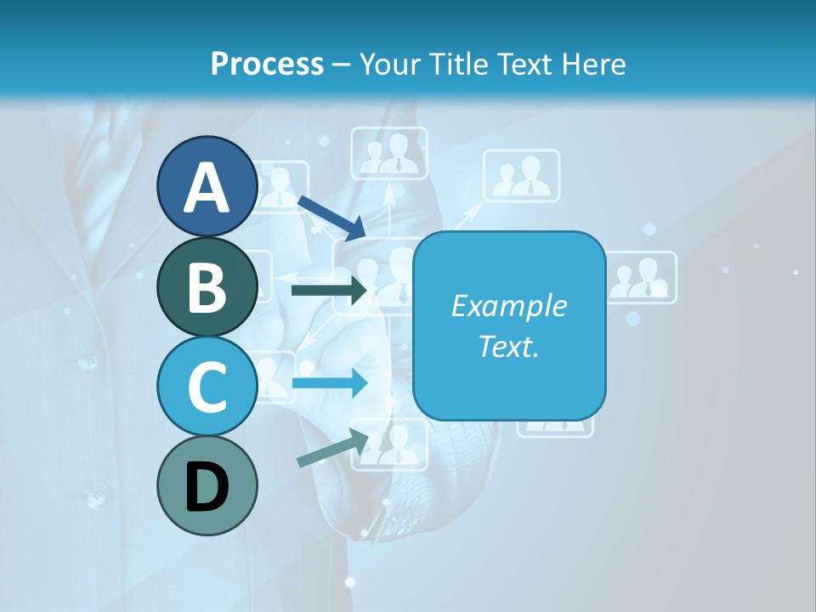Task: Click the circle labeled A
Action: click(x=207, y=186)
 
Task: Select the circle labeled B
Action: click(x=207, y=286)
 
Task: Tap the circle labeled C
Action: click(x=207, y=386)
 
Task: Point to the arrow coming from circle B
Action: click(x=330, y=291)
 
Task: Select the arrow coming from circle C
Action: click(x=330, y=382)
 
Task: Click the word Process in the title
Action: click(x=267, y=64)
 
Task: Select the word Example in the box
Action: click(x=508, y=306)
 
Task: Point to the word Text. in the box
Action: click(x=508, y=346)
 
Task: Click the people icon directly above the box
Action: click(x=521, y=176)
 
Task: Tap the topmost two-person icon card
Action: click(x=389, y=153)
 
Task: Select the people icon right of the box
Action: click(x=643, y=278)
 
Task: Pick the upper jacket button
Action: click(x=88, y=363)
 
